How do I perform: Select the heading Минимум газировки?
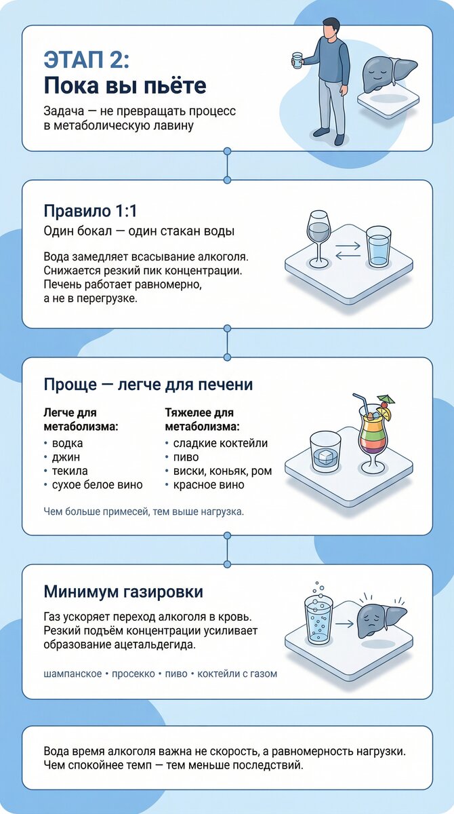click(123, 591)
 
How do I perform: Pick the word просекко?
click(131, 674)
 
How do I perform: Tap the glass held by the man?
click(297, 60)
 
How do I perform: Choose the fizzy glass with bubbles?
click(318, 617)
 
